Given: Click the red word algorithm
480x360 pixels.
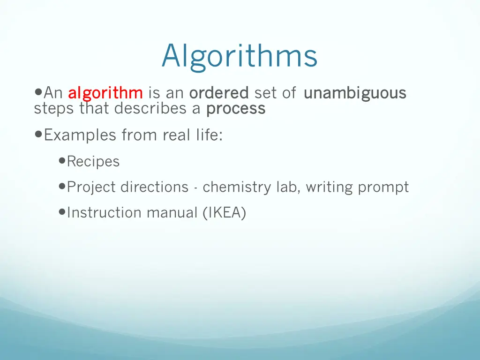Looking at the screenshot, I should [105, 93].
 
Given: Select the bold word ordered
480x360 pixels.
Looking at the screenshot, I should [218, 93].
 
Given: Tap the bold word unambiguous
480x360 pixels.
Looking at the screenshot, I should [355, 93].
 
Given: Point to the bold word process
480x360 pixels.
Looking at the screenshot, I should [236, 109].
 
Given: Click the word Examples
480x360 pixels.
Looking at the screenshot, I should [80, 135].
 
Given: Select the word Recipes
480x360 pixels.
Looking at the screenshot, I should [93, 162].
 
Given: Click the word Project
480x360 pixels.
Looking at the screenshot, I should [91, 187].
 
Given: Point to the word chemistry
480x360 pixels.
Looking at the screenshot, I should [237, 187].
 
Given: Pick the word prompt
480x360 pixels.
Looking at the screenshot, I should [383, 187].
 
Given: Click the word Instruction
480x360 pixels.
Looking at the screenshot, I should [105, 213].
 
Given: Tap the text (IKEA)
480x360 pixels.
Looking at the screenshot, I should [225, 213].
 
